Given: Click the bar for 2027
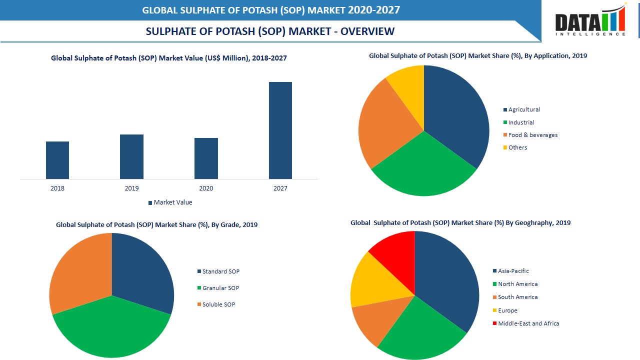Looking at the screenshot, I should [x=280, y=130].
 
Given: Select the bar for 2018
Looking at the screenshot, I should [x=57, y=160].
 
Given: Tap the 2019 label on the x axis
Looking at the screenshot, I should [x=131, y=188].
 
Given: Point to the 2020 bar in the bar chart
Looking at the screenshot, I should [x=206, y=158].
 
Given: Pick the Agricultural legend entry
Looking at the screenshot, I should [x=523, y=109].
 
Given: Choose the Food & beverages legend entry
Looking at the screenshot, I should [x=532, y=135].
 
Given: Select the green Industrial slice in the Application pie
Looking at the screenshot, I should [x=422, y=170].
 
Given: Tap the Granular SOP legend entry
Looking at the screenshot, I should [x=220, y=288].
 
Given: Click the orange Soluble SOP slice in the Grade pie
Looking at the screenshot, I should [x=80, y=270].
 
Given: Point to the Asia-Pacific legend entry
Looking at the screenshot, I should [x=512, y=271].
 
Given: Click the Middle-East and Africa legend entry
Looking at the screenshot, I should [x=528, y=323].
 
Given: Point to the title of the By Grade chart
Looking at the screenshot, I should [x=156, y=225].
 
